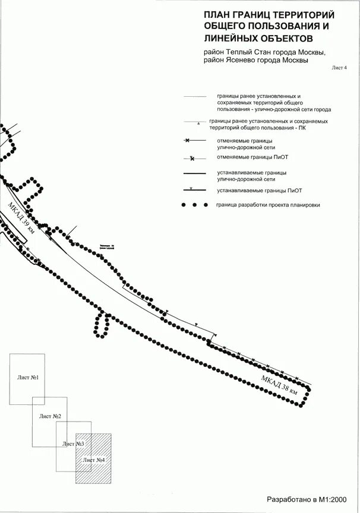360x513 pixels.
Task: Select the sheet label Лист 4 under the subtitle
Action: (x=338, y=68)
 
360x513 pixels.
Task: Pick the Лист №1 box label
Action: (x=28, y=378)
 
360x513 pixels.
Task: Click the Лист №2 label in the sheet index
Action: (x=50, y=416)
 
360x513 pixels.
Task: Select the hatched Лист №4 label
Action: (x=94, y=460)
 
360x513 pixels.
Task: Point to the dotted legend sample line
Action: (x=195, y=205)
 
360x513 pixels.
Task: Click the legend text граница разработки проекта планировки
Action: (x=268, y=205)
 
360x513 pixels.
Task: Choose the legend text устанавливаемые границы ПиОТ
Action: (x=260, y=191)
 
